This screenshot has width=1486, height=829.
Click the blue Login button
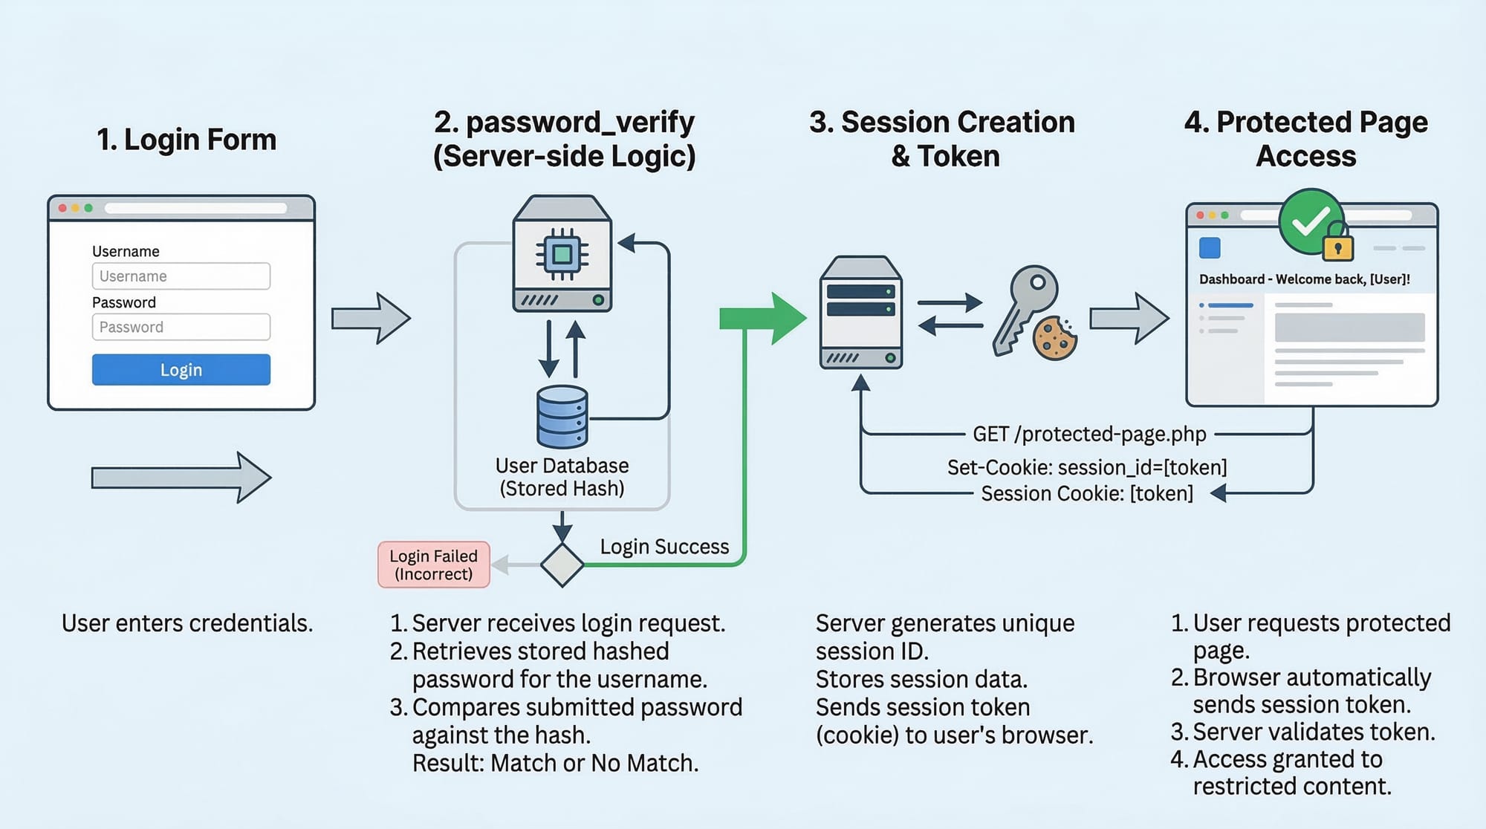[181, 369]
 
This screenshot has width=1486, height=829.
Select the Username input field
[181, 276]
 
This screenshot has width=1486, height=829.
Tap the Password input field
[181, 327]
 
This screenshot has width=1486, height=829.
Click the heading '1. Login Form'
[186, 140]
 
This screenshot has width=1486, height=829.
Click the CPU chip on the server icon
[562, 255]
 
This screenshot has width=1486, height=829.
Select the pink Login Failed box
[434, 565]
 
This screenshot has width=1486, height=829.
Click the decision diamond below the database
[562, 565]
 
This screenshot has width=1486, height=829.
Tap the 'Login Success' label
[664, 547]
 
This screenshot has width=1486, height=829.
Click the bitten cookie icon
[1055, 339]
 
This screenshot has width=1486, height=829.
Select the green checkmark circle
[1310, 221]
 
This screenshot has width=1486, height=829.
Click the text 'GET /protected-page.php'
[1089, 434]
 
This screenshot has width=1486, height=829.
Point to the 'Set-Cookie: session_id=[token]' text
[1087, 467]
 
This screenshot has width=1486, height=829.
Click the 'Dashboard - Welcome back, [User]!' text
[1304, 279]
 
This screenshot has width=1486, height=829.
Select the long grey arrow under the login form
[181, 478]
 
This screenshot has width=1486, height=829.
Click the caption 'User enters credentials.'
[187, 623]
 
